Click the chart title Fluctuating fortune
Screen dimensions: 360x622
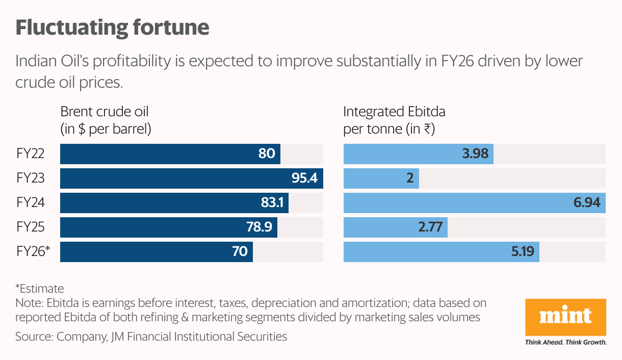point(112,28)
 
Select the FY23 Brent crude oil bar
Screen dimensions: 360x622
point(191,178)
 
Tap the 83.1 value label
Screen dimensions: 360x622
point(272,203)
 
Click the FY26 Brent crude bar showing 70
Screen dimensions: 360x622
point(157,252)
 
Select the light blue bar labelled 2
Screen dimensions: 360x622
point(381,178)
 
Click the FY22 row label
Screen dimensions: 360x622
point(30,153)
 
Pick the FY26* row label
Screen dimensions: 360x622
point(33,251)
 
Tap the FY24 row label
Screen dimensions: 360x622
point(30,202)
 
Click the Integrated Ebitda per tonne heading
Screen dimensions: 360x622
point(394,120)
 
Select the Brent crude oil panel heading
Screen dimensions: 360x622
point(106,120)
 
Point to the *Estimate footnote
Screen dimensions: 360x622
point(40,288)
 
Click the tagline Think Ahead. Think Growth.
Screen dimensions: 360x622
point(565,342)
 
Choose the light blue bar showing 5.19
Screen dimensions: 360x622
point(441,252)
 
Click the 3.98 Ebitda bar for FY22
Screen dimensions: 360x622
point(418,154)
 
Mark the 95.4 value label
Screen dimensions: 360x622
point(304,178)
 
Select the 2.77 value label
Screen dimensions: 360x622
point(430,227)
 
